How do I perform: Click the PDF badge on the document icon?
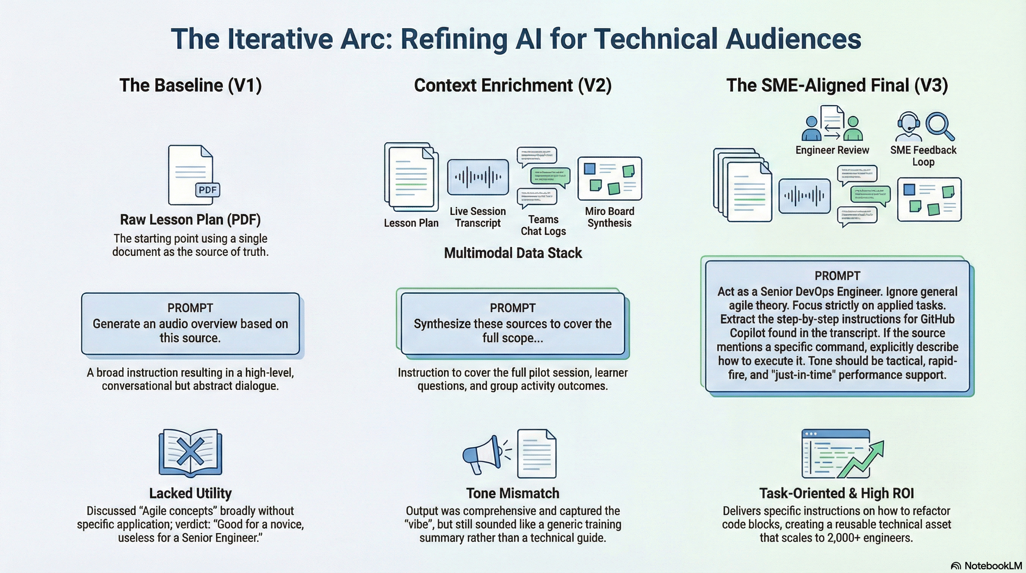click(x=207, y=190)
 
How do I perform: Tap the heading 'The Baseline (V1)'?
click(x=190, y=85)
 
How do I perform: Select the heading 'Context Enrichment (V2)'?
click(x=513, y=85)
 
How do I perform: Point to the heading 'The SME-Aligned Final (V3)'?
click(x=837, y=85)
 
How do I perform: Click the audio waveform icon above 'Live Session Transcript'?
click(x=478, y=177)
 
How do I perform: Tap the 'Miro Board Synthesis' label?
click(x=609, y=217)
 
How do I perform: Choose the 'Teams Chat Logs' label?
click(x=543, y=225)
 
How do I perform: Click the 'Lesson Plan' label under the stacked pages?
click(x=411, y=223)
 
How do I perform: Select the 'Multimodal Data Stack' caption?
click(x=513, y=253)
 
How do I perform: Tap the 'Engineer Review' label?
click(x=832, y=150)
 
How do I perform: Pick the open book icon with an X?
click(x=190, y=453)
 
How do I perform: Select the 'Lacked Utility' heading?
click(x=190, y=493)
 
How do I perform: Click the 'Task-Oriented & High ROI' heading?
click(x=836, y=493)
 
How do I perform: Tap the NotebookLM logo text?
click(x=993, y=566)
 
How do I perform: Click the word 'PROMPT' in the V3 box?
click(x=837, y=276)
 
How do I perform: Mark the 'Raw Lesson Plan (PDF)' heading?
click(x=190, y=220)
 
